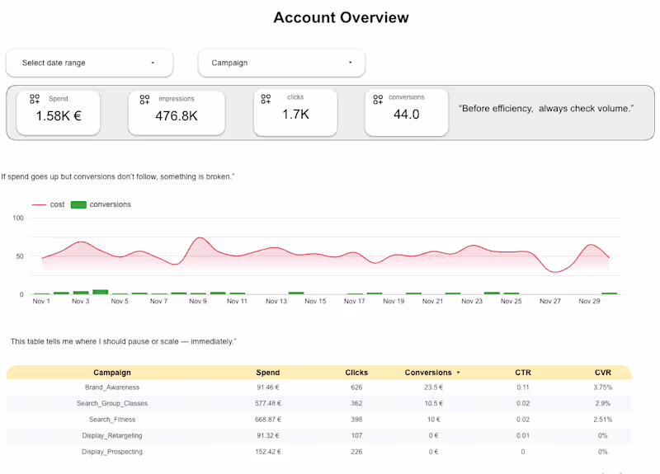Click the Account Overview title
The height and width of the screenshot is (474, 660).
pyautogui.click(x=341, y=17)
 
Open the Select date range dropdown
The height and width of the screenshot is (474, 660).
pyautogui.click(x=89, y=63)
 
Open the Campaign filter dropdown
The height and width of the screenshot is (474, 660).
pyautogui.click(x=281, y=63)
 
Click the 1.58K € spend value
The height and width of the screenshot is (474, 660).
pyautogui.click(x=58, y=115)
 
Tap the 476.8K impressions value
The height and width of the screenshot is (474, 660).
pyautogui.click(x=176, y=115)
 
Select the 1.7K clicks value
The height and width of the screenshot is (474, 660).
pyautogui.click(x=295, y=115)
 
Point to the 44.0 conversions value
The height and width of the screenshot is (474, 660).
pyautogui.click(x=406, y=115)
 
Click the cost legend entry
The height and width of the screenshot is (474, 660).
pyautogui.click(x=57, y=204)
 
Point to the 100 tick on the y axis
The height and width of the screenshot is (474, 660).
pyautogui.click(x=18, y=218)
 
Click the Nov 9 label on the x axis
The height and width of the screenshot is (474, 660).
pyautogui.click(x=198, y=302)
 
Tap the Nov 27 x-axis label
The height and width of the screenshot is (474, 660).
pyautogui.click(x=550, y=302)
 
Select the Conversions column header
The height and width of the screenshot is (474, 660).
pyautogui.click(x=428, y=373)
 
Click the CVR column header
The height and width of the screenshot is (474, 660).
pyautogui.click(x=602, y=373)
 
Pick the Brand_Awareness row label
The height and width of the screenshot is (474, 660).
pyautogui.click(x=112, y=387)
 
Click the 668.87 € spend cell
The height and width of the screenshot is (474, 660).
pyautogui.click(x=268, y=420)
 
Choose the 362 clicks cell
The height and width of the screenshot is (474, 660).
pyautogui.click(x=356, y=403)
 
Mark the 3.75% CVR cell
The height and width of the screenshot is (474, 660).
pyautogui.click(x=602, y=387)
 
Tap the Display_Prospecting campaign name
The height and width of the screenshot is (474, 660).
pyautogui.click(x=112, y=452)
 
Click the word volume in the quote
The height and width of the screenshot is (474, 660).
pyautogui.click(x=611, y=109)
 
